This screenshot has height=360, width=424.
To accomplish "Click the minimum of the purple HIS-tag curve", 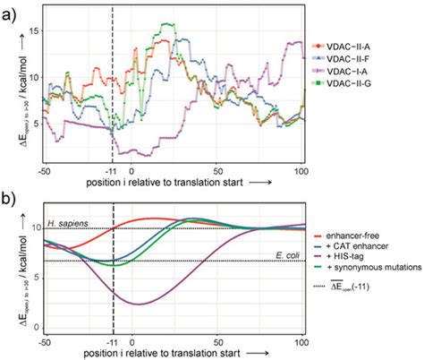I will [138, 304].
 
